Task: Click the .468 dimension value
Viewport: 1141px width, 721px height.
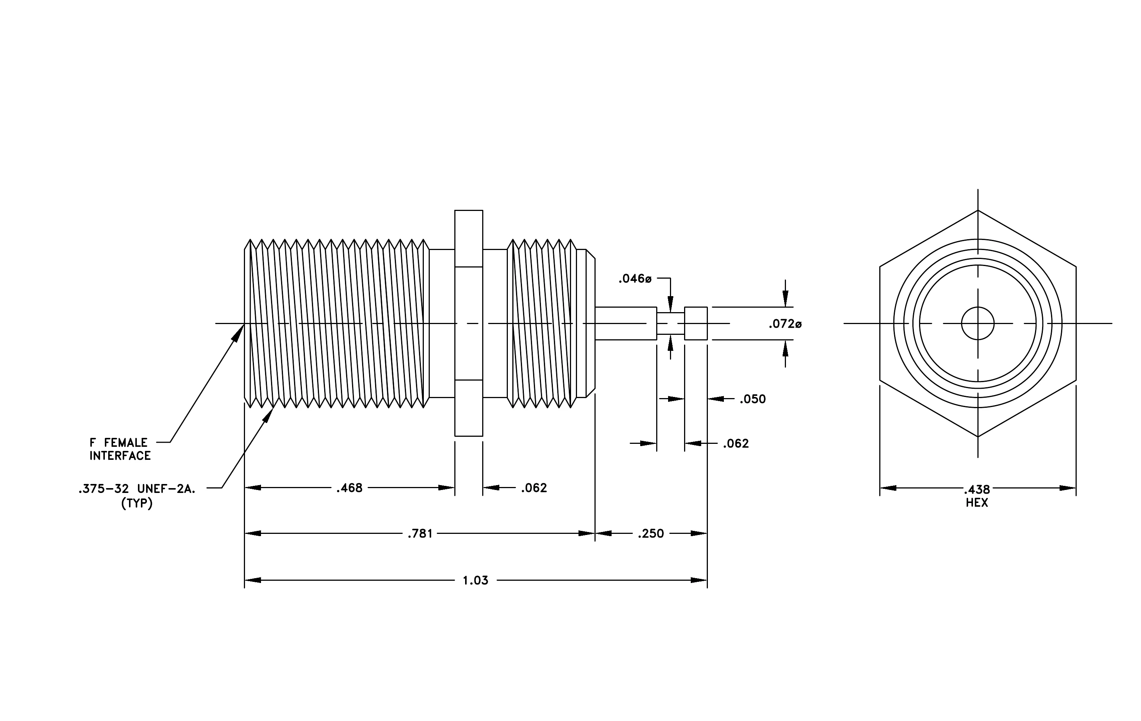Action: pos(349,488)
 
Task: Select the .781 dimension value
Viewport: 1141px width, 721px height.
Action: pos(420,534)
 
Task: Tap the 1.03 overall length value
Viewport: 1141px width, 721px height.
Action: pos(475,580)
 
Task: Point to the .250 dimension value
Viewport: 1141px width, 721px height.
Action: pos(651,534)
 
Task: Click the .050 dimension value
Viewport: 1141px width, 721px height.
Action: pos(752,399)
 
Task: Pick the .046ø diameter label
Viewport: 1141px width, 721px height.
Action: pos(635,279)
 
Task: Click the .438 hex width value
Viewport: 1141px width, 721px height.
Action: pos(977,490)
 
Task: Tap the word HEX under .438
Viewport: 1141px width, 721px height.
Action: pos(977,503)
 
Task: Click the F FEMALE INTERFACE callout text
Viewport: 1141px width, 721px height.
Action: pos(120,449)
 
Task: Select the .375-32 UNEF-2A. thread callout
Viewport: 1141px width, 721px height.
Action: pos(137,489)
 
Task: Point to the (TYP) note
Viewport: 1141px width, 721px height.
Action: pos(137,503)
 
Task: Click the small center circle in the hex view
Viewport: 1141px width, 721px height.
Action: pos(977,307)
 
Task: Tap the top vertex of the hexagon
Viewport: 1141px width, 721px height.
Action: pos(978,210)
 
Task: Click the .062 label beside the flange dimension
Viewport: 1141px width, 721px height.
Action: pos(534,488)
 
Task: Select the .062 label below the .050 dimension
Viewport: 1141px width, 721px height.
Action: pos(735,444)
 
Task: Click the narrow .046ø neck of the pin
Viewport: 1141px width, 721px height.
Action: pos(670,323)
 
